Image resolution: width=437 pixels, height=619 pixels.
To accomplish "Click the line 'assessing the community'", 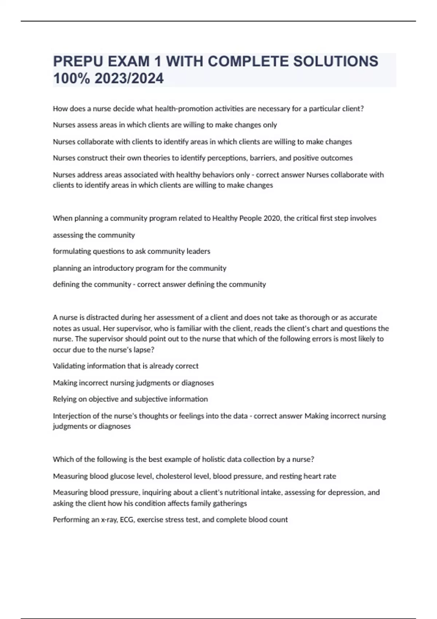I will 94,235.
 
